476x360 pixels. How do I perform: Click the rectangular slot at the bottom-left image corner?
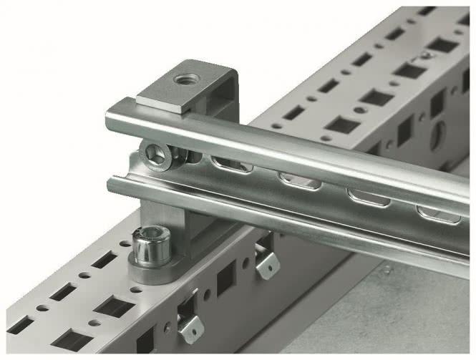click(x=19, y=325)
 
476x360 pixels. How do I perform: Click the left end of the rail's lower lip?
click(x=115, y=185)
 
